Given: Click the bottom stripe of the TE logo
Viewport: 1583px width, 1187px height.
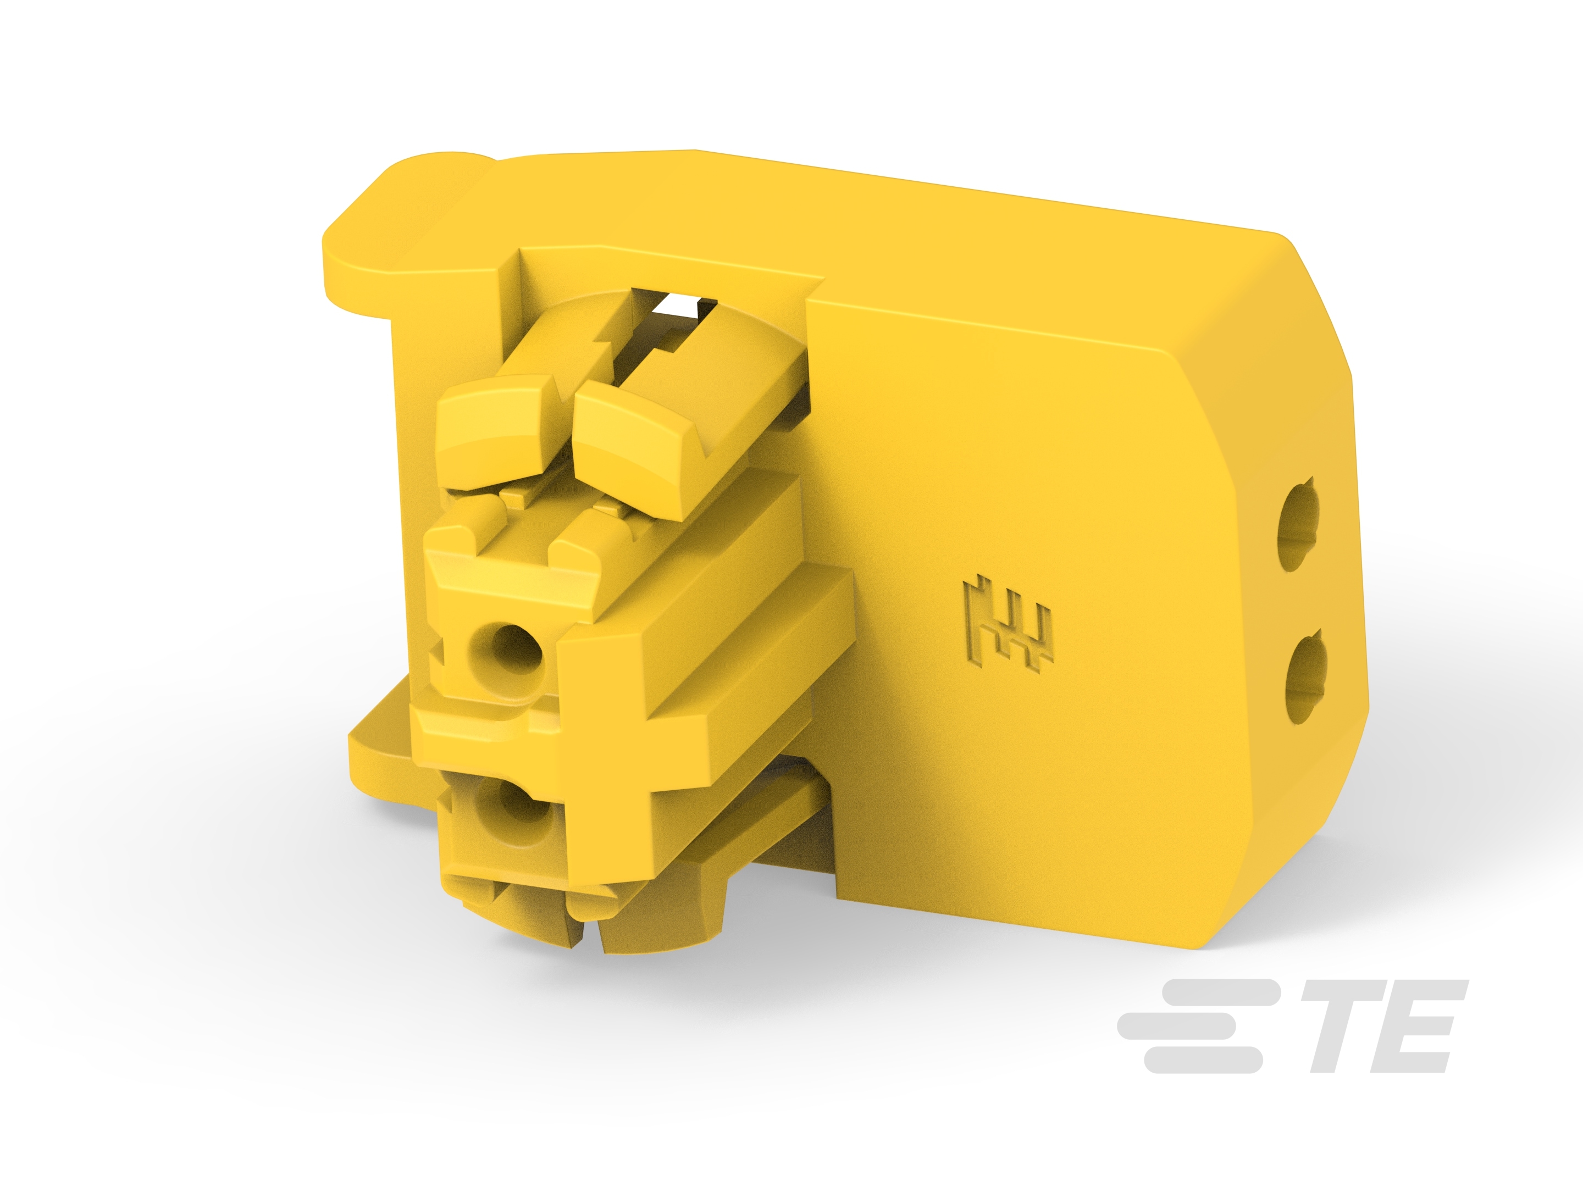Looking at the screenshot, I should pyautogui.click(x=1202, y=1061).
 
